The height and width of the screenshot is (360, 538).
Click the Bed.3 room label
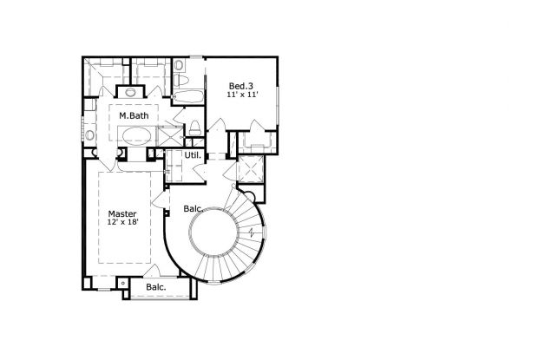pos(241,86)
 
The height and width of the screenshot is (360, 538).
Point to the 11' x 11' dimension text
pos(242,95)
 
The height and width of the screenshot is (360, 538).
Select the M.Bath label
pos(134,115)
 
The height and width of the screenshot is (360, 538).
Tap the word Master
pos(122,214)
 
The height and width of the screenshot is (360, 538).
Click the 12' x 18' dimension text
pos(123,222)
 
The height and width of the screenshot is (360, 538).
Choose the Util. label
pos(193,155)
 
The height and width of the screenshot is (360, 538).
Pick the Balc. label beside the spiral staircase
pos(193,208)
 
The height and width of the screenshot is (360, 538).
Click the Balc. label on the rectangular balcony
pos(156,287)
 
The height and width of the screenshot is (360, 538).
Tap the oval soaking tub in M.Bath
pos(137,136)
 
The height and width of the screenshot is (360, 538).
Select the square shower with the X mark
pos(170,136)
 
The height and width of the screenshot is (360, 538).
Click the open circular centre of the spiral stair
pos(213,232)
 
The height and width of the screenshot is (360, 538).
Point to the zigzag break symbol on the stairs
pos(253,232)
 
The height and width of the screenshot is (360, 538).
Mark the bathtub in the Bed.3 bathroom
pos(187,96)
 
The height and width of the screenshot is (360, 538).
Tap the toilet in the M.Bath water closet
pos(195,128)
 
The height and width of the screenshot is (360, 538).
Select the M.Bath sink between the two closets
pos(130,92)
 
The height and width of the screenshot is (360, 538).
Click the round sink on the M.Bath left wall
pos(89,134)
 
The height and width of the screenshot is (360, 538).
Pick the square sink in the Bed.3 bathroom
pos(179,64)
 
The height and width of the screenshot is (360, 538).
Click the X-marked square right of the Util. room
pos(251,169)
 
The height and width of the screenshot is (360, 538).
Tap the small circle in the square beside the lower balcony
pos(123,283)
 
